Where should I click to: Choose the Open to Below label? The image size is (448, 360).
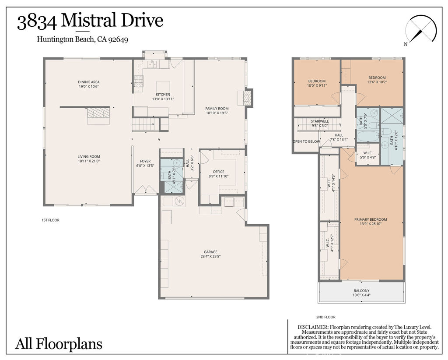click(x=306, y=141)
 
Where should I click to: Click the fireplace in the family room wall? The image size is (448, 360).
click(x=245, y=97)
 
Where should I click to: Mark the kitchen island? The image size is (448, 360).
click(x=163, y=85)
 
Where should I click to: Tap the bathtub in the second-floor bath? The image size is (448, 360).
click(x=368, y=135)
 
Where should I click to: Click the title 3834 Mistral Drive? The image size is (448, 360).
click(x=90, y=21)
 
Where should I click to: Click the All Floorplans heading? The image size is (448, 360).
click(x=59, y=343)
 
